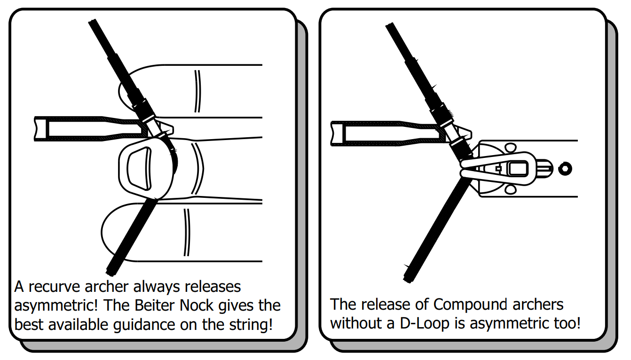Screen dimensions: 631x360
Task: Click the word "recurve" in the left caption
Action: pyautogui.click(x=54, y=287)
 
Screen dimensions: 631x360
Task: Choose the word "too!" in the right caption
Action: pyautogui.click(x=567, y=323)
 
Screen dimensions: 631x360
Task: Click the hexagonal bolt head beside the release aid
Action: pyautogui.click(x=565, y=169)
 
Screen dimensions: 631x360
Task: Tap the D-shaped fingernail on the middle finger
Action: pyautogui.click(x=139, y=169)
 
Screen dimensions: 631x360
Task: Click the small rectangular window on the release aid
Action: pyautogui.click(x=518, y=169)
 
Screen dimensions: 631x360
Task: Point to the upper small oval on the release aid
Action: pyautogui.click(x=511, y=148)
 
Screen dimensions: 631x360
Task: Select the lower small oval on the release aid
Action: pyautogui.click(x=510, y=189)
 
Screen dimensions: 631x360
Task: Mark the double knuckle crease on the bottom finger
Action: pyautogui.click(x=187, y=232)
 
